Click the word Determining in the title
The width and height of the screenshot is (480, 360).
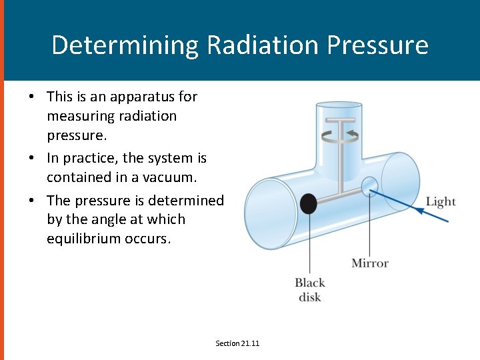[125, 45]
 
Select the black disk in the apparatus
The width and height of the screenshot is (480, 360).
[308, 203]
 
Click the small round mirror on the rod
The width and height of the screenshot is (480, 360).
[369, 185]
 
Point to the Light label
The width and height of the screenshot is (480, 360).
[441, 201]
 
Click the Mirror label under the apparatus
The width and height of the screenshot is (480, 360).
[369, 263]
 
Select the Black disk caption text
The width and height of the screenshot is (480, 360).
[309, 289]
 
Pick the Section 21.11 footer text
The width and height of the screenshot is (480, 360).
[237, 343]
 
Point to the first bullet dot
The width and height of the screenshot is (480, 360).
[31, 97]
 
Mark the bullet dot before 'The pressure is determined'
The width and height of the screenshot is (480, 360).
[31, 201]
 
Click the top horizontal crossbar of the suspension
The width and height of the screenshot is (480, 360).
[340, 121]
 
